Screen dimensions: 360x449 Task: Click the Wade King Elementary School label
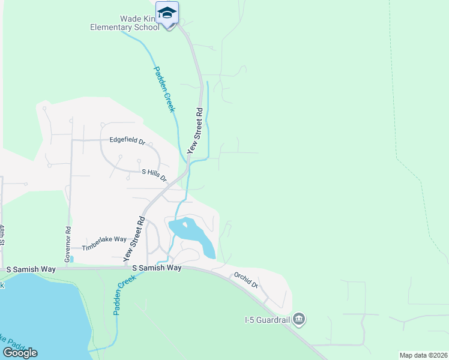125,23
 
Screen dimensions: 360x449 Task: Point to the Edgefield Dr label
127,140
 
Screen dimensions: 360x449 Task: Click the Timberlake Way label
100,242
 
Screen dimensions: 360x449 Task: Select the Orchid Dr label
246,281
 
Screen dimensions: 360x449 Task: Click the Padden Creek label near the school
163,89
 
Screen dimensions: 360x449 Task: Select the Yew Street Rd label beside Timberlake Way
135,238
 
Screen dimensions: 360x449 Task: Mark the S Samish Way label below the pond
157,268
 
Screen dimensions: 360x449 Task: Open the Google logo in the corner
20,353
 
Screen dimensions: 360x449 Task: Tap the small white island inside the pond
185,224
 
